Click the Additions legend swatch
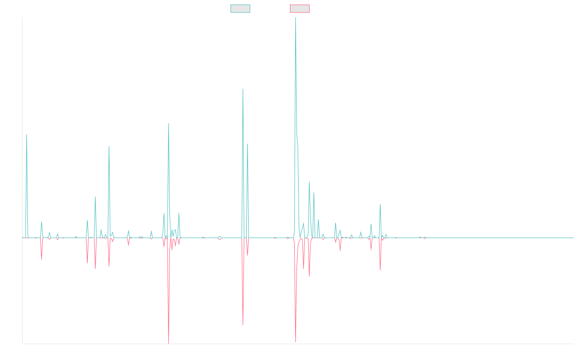[x=240, y=9]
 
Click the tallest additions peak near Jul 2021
[x=295, y=18]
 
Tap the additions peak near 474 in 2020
[x=243, y=89]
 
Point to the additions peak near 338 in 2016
[x=27, y=135]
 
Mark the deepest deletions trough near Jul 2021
[x=296, y=342]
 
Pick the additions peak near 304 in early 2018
[x=109, y=146]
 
